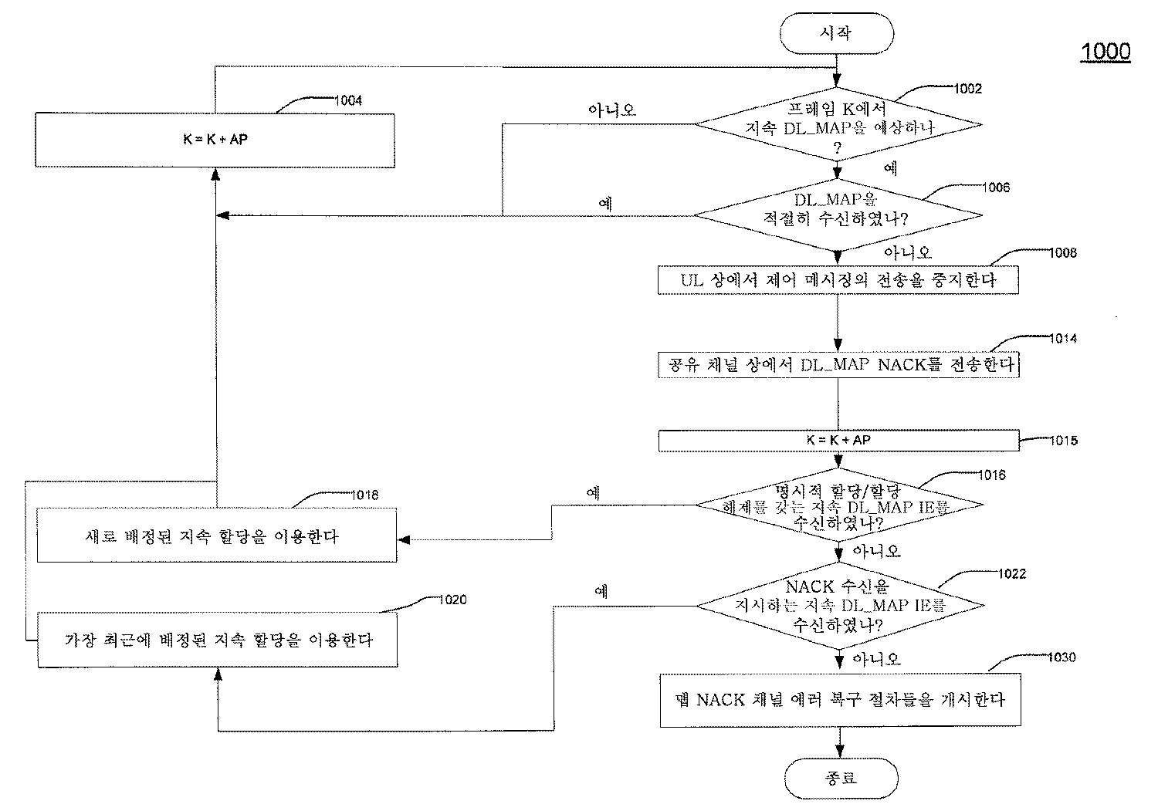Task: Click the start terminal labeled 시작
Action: coord(838,34)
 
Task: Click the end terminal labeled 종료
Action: coord(840,777)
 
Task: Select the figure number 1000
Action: coord(1105,52)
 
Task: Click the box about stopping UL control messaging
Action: coord(838,280)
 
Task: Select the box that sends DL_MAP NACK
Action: coord(838,364)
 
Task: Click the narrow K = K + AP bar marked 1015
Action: coord(838,440)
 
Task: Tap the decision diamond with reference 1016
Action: coord(839,505)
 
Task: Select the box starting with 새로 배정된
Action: coord(216,536)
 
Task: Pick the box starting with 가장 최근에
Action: coord(216,640)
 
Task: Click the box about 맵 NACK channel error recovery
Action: coord(839,700)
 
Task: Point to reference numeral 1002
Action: coord(968,89)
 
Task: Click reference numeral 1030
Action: coord(1061,657)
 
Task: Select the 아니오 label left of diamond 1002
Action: coord(611,110)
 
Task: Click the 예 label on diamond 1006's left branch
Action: coord(606,204)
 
